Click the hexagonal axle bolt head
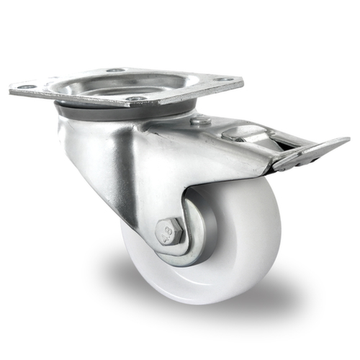(169, 232)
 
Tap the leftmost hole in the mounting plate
(27, 87)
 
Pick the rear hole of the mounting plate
(114, 70)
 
